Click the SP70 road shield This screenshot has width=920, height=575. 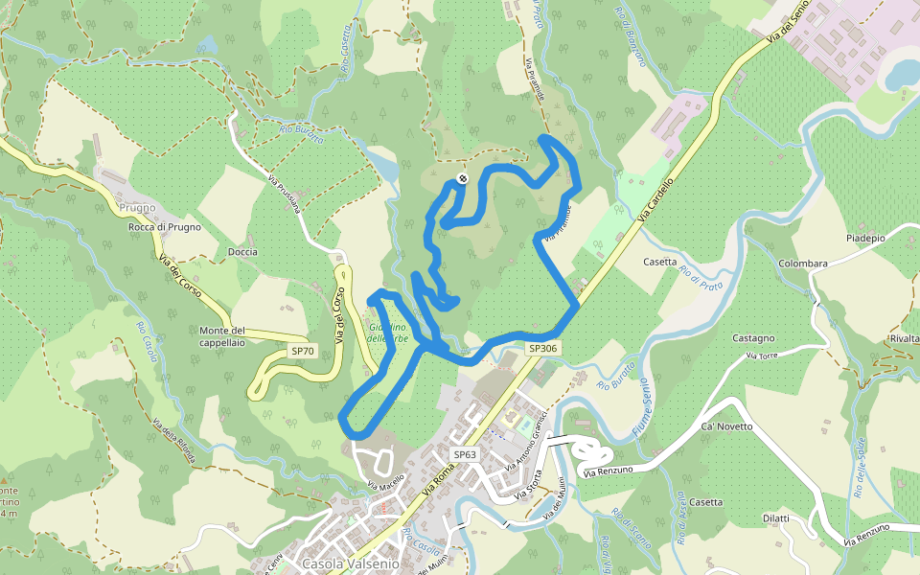(x=303, y=352)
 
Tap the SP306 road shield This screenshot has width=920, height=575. (x=542, y=349)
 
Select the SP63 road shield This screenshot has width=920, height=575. (x=465, y=454)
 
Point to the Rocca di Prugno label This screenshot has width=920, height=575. (x=165, y=227)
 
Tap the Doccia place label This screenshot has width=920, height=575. (x=242, y=251)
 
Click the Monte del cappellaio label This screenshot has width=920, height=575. (x=222, y=336)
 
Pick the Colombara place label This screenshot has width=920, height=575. (x=803, y=264)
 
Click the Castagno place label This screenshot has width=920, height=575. (x=753, y=338)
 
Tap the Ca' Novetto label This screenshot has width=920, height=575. (x=727, y=426)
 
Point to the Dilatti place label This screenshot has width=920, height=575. (x=776, y=518)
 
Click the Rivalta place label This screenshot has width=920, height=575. (x=904, y=339)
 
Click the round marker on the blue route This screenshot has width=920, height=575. (x=463, y=178)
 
